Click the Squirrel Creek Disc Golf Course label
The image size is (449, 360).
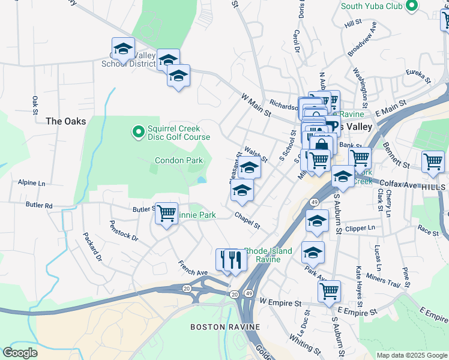[174, 133]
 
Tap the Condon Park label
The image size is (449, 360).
[179, 160]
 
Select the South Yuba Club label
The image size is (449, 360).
[371, 6]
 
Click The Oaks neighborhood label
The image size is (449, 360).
[66, 121]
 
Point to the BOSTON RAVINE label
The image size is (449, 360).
[225, 327]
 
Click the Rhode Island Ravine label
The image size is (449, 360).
[268, 255]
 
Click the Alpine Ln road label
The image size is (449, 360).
[31, 182]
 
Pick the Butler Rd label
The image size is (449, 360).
[39, 205]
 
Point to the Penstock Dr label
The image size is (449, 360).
[124, 230]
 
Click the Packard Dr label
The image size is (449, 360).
[93, 247]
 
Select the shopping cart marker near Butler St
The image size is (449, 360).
[166, 214]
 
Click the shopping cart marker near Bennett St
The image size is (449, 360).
[433, 161]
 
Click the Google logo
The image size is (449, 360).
[20, 353]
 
